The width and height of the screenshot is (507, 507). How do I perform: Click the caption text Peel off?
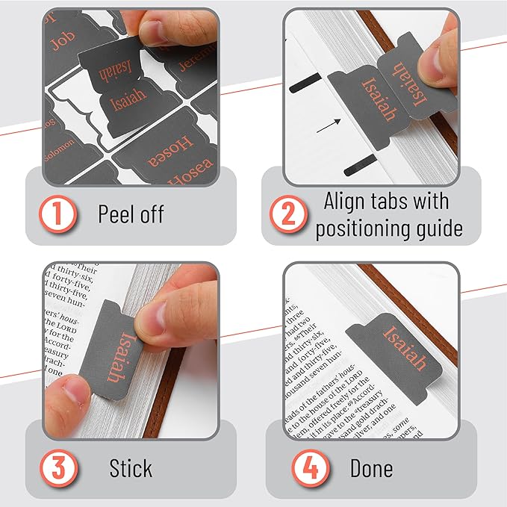pyautogui.click(x=131, y=215)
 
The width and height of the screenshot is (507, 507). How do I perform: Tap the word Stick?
pyautogui.click(x=131, y=468)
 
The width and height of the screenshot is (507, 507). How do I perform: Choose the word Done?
pyautogui.click(x=371, y=468)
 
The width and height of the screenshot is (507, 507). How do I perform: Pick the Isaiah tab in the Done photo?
pyautogui.click(x=404, y=343)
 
